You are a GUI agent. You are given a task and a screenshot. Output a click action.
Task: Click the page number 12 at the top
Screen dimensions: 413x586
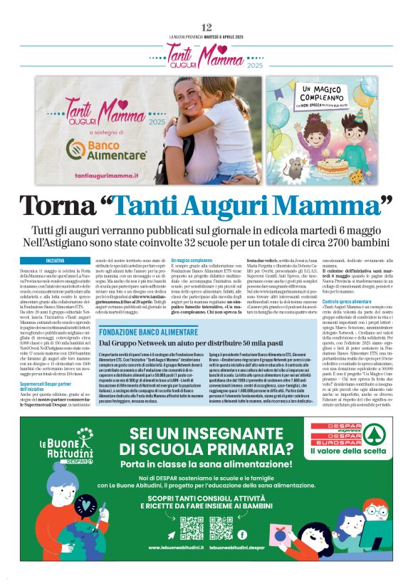coord(206,27)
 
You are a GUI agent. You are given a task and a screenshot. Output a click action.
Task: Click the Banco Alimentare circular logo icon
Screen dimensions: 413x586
coord(76,148)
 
